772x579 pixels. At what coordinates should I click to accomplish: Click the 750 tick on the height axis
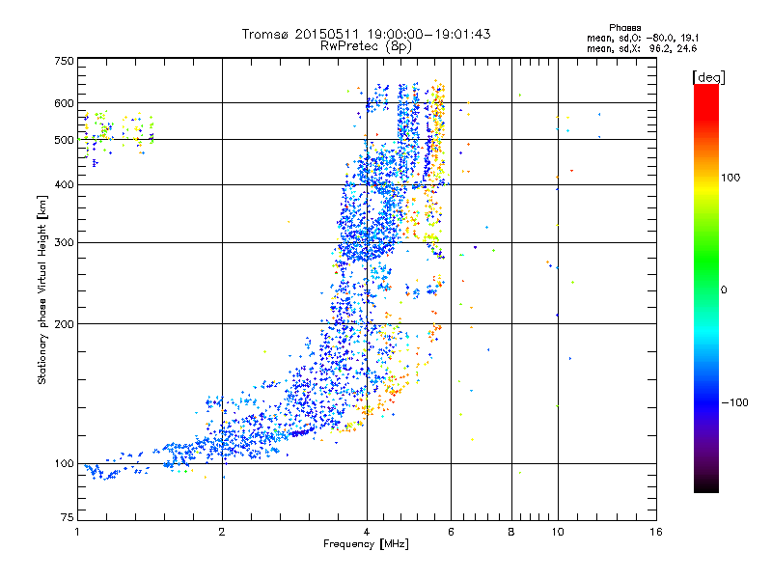(64, 60)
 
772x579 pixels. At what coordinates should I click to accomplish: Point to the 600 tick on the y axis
(64, 102)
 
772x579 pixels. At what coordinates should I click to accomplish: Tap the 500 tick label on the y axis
(64, 139)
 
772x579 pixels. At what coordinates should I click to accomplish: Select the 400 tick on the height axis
(64, 184)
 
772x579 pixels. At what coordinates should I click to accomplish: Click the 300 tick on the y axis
(64, 242)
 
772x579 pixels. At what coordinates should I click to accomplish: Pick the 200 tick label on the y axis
(64, 323)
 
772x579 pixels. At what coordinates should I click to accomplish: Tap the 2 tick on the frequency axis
(222, 532)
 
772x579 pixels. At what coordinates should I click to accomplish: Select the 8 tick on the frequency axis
(511, 532)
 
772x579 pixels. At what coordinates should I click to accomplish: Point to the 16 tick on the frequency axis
(656, 532)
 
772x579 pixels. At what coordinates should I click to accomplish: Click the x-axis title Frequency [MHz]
(367, 544)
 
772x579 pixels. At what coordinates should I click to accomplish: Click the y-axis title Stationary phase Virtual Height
(42, 289)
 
